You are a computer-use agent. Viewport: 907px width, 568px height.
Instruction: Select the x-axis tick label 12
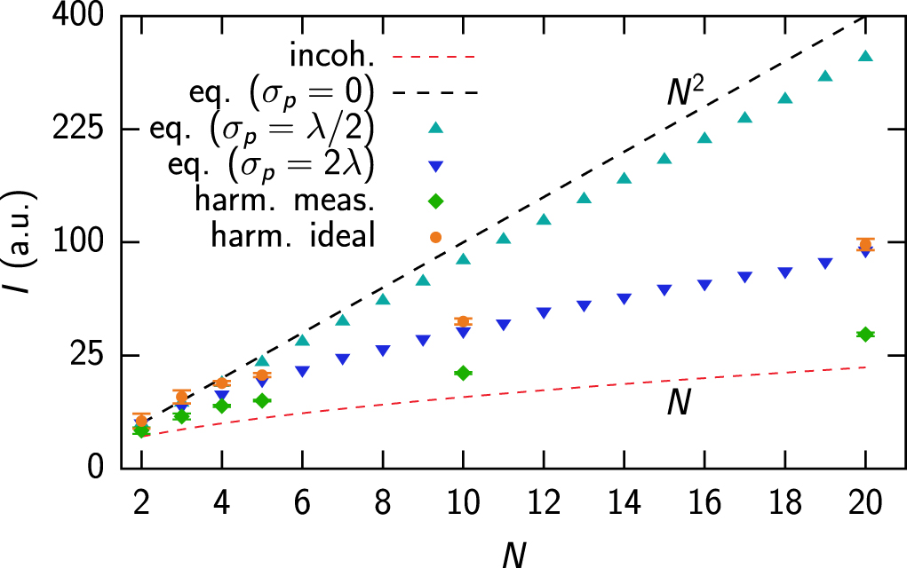click(543, 502)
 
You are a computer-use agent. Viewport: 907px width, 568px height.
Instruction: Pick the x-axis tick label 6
click(302, 502)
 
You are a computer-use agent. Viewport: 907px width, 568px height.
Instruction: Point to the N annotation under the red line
click(679, 404)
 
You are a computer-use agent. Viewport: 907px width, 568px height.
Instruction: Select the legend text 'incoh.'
click(329, 57)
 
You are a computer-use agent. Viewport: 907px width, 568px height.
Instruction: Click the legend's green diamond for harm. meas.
click(435, 201)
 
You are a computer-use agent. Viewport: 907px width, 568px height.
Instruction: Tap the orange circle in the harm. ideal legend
click(435, 237)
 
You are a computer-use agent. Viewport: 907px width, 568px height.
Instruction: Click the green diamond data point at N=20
click(864, 334)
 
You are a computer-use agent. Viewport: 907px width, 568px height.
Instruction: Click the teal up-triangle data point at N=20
click(864, 57)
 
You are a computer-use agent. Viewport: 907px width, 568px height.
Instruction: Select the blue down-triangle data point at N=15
click(664, 290)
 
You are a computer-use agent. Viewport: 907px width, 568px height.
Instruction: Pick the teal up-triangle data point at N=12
click(543, 219)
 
